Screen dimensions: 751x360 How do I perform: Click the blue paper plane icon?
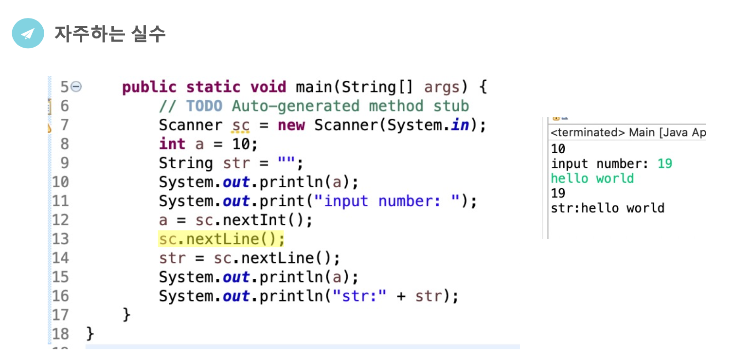[28, 34]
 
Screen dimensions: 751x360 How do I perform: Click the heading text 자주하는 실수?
[110, 34]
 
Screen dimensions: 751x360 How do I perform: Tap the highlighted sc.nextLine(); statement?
[221, 239]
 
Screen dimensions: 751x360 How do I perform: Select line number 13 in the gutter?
[60, 239]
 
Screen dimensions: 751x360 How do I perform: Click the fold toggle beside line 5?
[76, 87]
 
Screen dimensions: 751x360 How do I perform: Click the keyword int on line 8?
[172, 144]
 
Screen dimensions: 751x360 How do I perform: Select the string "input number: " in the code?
[387, 201]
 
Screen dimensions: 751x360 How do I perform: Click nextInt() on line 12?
[267, 220]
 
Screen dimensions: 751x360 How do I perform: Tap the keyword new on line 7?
[291, 125]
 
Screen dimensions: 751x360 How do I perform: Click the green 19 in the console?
[664, 163]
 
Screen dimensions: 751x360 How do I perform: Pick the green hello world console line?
[592, 179]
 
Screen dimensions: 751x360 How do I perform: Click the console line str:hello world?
[608, 208]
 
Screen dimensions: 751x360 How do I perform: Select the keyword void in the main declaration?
[268, 87]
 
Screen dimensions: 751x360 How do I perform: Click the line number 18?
[60, 334]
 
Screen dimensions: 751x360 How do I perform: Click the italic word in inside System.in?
[460, 125]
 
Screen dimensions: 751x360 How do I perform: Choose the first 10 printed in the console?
[558, 149]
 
